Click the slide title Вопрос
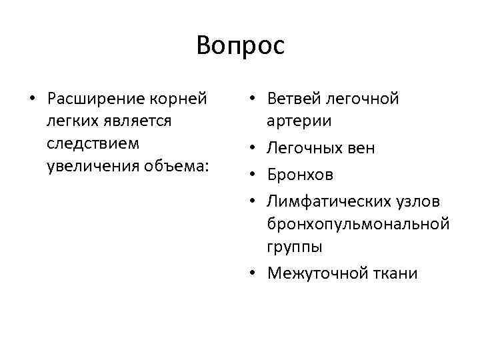pos(241,45)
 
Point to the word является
pos(137,121)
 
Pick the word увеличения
pos(88,165)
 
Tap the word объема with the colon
pos(171,165)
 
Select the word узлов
pos(425,202)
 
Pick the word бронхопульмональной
pos(357,224)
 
